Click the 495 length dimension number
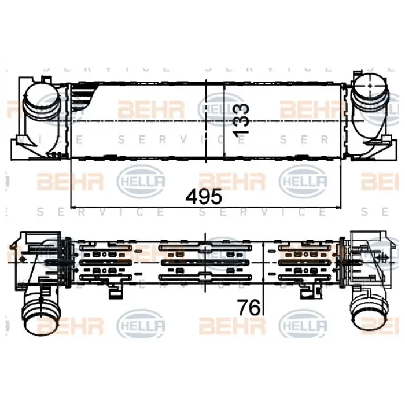click(x=204, y=197)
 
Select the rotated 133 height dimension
click(x=241, y=120)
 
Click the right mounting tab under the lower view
click(x=303, y=293)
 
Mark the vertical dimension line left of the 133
click(x=224, y=120)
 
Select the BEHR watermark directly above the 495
click(x=231, y=182)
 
